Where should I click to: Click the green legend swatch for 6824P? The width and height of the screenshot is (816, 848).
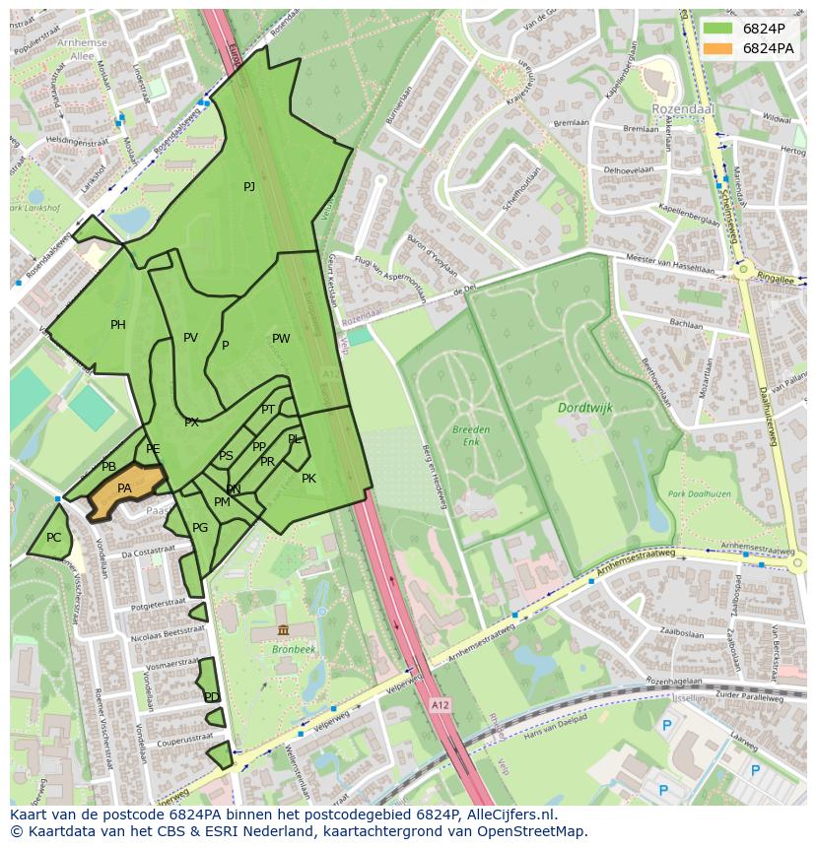pyautogui.click(x=717, y=29)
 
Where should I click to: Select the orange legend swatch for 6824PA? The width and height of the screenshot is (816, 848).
pyautogui.click(x=717, y=48)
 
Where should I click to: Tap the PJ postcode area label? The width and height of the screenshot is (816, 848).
pyautogui.click(x=249, y=187)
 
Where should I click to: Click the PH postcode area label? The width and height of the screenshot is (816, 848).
pyautogui.click(x=118, y=325)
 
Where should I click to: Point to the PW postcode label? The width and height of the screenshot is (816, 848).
pyautogui.click(x=281, y=339)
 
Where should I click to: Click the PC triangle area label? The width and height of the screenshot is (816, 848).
pyautogui.click(x=53, y=538)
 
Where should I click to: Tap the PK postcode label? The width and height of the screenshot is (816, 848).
pyautogui.click(x=308, y=479)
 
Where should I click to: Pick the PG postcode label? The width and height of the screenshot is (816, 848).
pyautogui.click(x=200, y=528)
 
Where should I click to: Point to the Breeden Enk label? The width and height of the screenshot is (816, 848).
pyautogui.click(x=471, y=436)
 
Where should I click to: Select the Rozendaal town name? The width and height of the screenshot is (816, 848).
pyautogui.click(x=681, y=109)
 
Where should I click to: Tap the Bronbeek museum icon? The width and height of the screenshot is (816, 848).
pyautogui.click(x=283, y=629)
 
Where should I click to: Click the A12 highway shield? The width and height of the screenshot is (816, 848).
pyautogui.click(x=439, y=705)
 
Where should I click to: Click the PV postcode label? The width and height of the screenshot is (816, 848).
pyautogui.click(x=190, y=338)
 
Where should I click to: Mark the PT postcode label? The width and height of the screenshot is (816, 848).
pyautogui.click(x=267, y=410)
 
